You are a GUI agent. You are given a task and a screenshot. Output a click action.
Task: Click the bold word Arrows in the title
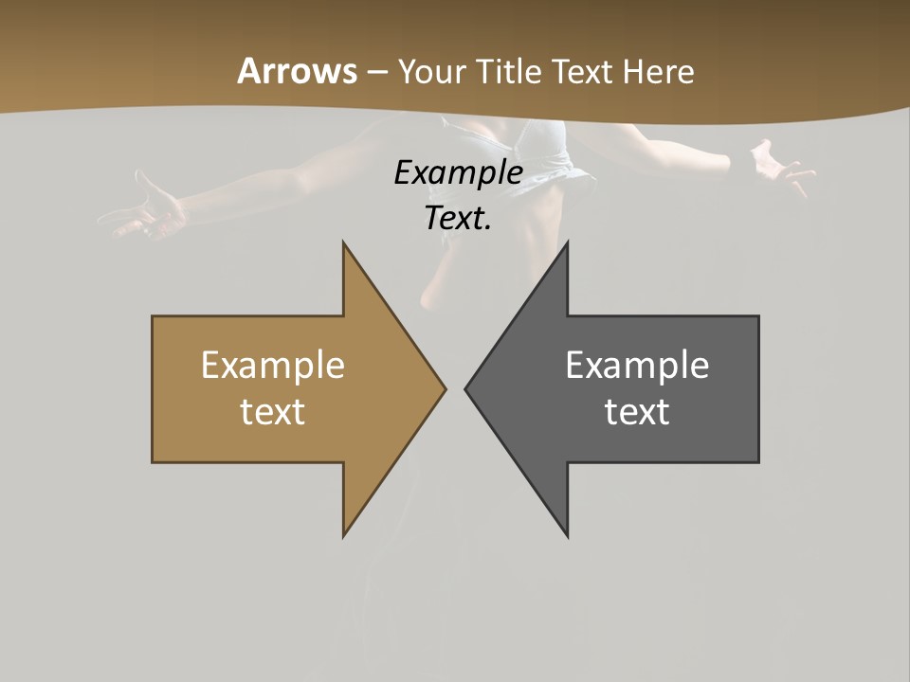pyautogui.click(x=298, y=71)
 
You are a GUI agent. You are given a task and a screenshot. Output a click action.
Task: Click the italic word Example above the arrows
pyautogui.click(x=459, y=173)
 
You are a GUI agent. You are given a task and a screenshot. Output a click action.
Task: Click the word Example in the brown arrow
pyautogui.click(x=273, y=366)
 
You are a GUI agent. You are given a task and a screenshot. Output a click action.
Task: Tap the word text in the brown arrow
pyautogui.click(x=273, y=411)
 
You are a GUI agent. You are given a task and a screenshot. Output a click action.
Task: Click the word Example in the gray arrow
pyautogui.click(x=637, y=366)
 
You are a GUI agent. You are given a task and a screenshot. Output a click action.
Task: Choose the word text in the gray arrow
pyautogui.click(x=637, y=411)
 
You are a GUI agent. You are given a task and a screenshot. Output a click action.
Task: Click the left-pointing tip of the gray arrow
pyautogui.click(x=466, y=388)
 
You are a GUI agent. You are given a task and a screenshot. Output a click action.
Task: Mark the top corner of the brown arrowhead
pyautogui.click(x=344, y=243)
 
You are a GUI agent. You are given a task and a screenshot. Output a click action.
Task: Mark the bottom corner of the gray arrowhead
pyautogui.click(x=567, y=535)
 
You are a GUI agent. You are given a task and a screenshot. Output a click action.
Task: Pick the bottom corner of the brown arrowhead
pyautogui.click(x=344, y=535)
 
